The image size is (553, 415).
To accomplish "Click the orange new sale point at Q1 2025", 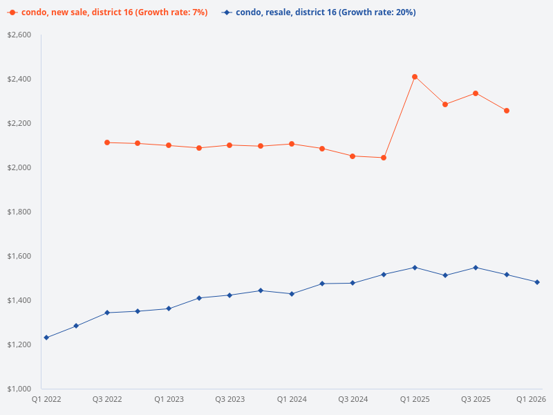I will click(415, 77).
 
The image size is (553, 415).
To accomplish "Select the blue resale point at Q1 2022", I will click(46, 338).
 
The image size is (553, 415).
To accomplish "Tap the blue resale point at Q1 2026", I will click(537, 282).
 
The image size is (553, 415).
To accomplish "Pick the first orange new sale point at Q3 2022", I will click(107, 142).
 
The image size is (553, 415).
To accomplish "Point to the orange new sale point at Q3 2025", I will click(476, 93).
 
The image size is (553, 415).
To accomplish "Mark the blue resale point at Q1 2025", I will click(415, 268).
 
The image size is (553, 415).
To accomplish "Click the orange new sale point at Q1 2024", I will click(292, 144).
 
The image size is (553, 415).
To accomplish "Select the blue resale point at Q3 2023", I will click(230, 295).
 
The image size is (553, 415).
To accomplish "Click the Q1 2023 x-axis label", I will click(169, 400).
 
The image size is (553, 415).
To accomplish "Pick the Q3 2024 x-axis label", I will click(353, 400).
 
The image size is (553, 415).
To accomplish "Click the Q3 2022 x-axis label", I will click(107, 400).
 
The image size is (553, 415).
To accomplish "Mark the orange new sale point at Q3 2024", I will click(353, 156).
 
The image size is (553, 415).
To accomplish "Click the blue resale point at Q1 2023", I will click(169, 308).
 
